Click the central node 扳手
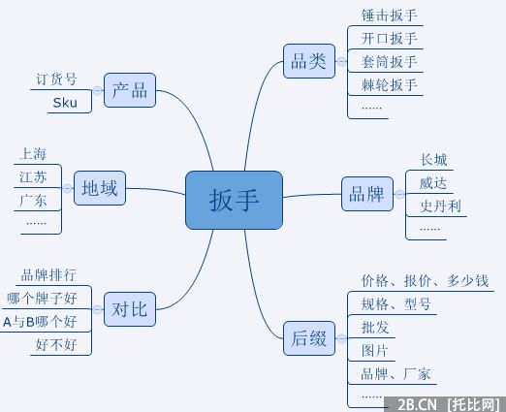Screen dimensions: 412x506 234,200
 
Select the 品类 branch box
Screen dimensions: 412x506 308,62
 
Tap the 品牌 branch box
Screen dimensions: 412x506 365,194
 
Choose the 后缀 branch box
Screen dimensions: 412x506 307,338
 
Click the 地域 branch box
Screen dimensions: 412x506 100,187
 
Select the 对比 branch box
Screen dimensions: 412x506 129,310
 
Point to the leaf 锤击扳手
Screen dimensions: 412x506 389,16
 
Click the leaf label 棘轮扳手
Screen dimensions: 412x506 389,85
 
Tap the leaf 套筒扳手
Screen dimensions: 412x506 389,62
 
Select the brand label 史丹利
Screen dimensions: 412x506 440,206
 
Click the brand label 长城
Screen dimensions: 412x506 433,160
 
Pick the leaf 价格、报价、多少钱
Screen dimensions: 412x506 425,281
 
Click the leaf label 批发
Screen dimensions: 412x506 374,327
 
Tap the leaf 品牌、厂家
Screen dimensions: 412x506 395,373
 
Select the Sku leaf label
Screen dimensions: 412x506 65,101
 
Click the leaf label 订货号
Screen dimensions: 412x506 57,79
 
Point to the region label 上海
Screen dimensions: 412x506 33,153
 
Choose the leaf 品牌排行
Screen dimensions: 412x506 48,274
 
